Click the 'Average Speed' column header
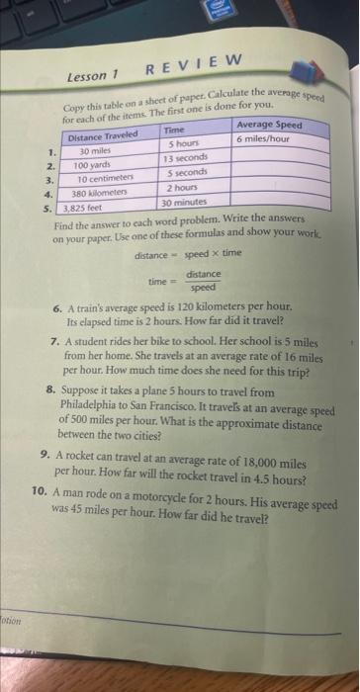point(269,126)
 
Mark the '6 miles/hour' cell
point(262,138)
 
